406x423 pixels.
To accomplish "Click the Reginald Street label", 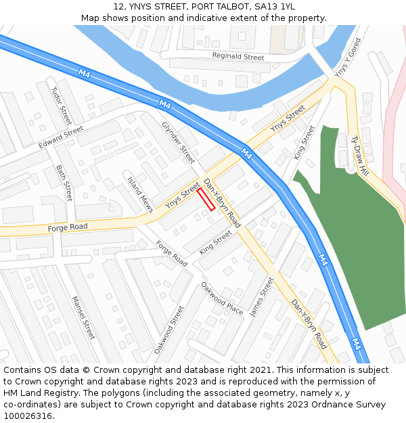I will point(238,57).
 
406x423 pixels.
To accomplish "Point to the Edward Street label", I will point(60,137).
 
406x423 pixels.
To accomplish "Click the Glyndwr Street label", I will point(178,142).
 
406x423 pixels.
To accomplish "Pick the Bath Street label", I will point(64,183).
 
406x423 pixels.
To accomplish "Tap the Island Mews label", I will point(141,195).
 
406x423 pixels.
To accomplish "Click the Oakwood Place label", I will point(222,298).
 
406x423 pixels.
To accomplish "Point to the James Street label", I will point(262,296).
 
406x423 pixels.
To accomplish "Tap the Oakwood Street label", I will point(168,330).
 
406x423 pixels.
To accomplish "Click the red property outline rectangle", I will point(206,200).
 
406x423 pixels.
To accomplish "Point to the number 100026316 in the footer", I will point(28,416).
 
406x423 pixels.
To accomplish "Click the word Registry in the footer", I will point(58,393).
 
